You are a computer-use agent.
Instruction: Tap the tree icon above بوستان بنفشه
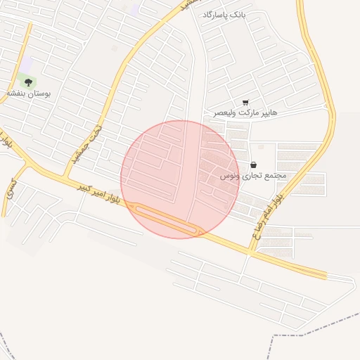pyautogui.click(x=29, y=82)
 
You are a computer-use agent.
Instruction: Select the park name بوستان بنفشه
pyautogui.click(x=29, y=93)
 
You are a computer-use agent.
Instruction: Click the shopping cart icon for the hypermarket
pyautogui.click(x=245, y=103)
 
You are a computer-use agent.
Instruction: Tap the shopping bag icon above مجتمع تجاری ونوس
pyautogui.click(x=253, y=165)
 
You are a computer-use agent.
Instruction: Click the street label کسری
pyautogui.click(x=11, y=186)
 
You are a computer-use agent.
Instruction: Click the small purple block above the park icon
pyautogui.click(x=26, y=65)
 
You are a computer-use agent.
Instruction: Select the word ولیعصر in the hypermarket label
pyautogui.click(x=227, y=112)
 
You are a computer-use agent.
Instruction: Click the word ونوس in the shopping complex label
pyautogui.click(x=230, y=174)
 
